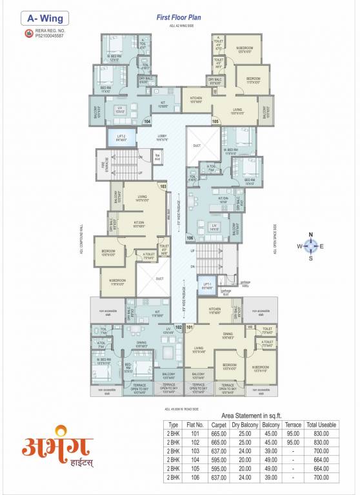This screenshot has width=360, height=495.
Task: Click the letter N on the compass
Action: click(x=310, y=235)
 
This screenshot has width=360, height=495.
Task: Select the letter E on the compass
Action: click(x=322, y=246)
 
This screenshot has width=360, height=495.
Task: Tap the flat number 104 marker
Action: click(x=147, y=121)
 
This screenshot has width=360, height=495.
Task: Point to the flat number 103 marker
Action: click(x=163, y=186)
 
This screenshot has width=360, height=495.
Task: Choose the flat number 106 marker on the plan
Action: click(x=190, y=238)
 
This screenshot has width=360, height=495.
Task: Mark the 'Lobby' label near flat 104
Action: click(x=161, y=137)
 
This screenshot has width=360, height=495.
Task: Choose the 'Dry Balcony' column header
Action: click(x=245, y=425)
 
